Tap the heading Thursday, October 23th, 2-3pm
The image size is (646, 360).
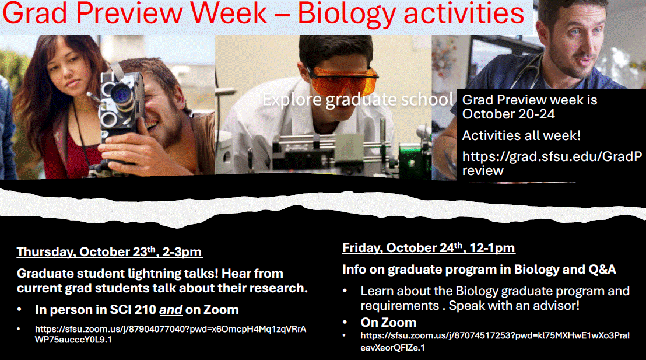109,252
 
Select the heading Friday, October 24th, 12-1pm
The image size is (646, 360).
429,248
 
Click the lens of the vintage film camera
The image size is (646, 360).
121,94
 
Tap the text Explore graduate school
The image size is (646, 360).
357,99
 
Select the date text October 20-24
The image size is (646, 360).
508,114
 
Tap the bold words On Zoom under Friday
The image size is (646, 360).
388,322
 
